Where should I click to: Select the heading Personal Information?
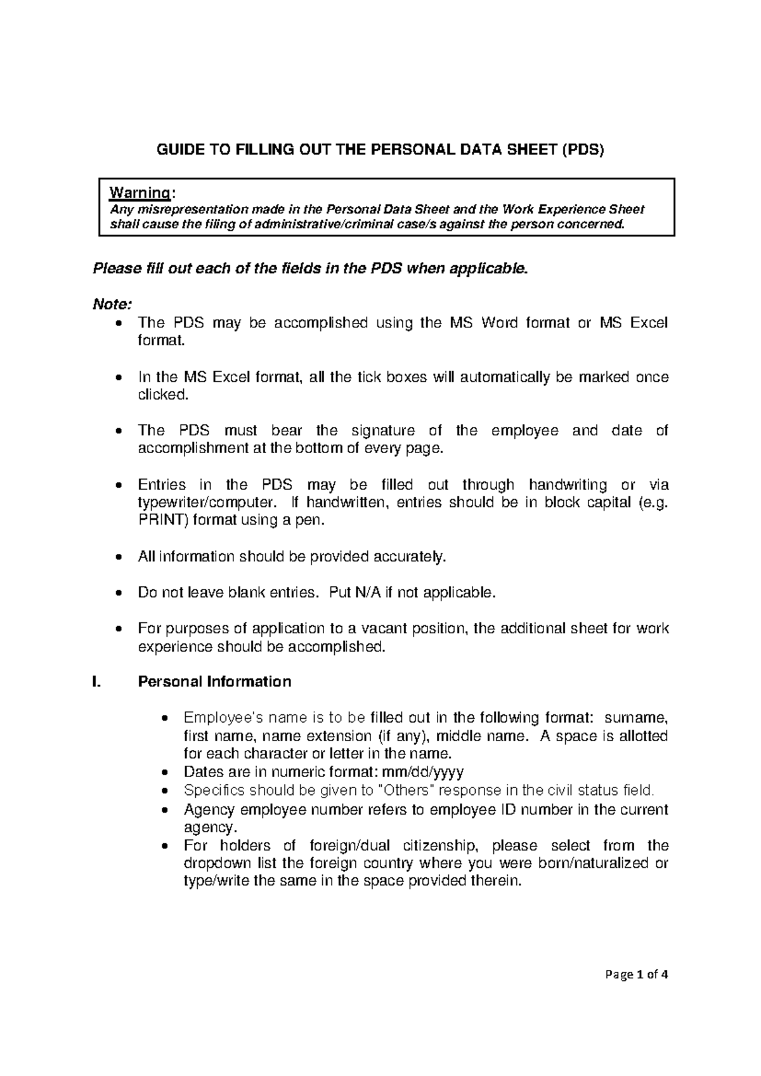click(x=214, y=682)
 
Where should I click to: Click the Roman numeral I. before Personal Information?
click(x=96, y=682)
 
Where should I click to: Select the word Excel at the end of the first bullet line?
click(x=649, y=323)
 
